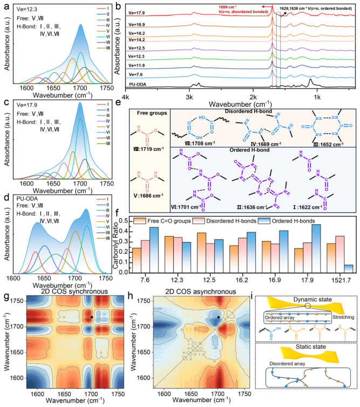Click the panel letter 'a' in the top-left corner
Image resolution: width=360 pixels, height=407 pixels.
coord(5,6)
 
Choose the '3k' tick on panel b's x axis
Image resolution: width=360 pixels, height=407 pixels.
coord(188,97)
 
